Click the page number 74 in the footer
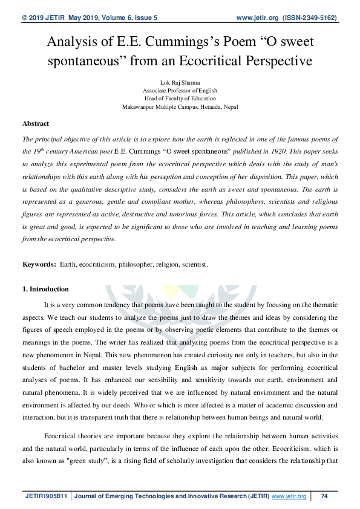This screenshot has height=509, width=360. point(324,496)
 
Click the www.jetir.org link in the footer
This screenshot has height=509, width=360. point(289,496)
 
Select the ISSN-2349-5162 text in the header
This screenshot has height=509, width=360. point(313,18)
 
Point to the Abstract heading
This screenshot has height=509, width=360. point(36,123)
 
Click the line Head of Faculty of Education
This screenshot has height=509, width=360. point(180,98)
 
